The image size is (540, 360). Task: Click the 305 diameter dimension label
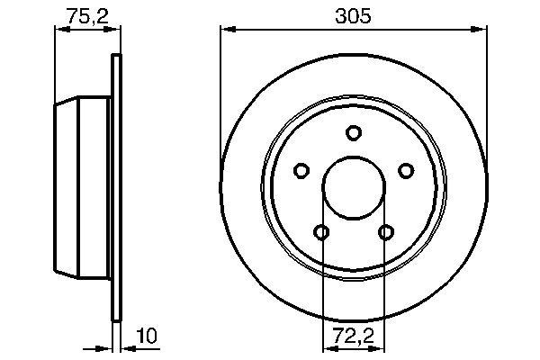353,16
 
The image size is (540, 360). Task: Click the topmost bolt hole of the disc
354,132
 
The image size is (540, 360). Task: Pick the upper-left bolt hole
301,171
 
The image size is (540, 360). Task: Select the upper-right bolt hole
406,171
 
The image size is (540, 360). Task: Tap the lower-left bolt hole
322,233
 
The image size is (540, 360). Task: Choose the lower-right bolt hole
386,233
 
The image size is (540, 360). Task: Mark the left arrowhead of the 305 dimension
226,31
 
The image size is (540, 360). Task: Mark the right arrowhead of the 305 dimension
481,31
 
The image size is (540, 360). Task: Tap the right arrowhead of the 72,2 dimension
380,349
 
